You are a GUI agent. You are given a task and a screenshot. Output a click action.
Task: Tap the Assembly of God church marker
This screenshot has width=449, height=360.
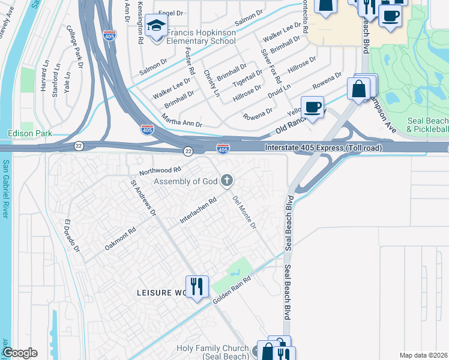[x=227, y=180]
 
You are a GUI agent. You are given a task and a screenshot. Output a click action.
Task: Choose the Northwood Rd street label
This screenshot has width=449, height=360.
[x=159, y=170]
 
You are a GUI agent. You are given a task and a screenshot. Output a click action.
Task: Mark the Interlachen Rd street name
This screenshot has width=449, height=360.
[x=198, y=212]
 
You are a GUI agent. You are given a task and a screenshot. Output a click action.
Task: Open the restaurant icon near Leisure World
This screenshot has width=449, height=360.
[x=197, y=286]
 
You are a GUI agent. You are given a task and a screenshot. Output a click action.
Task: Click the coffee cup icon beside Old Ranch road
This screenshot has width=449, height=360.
[x=312, y=107]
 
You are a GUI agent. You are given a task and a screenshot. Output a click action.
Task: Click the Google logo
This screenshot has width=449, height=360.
[x=20, y=353]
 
